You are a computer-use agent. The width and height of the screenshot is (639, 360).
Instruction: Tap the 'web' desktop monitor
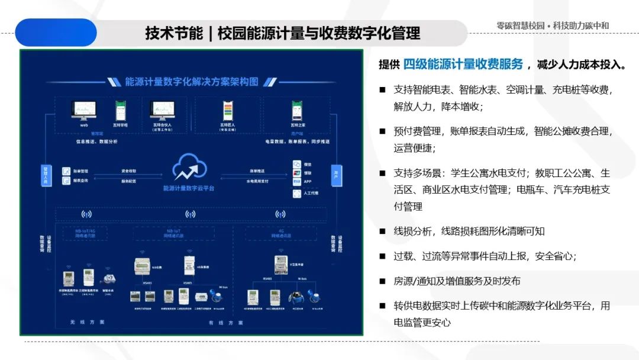pos(83,111)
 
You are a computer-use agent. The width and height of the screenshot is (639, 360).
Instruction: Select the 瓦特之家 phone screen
pos(298,111)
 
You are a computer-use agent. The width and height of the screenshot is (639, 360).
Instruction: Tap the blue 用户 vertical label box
pos(336,175)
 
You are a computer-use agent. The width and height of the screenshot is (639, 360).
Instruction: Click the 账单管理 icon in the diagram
pos(66,171)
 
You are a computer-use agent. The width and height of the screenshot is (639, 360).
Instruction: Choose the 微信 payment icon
pos(297,164)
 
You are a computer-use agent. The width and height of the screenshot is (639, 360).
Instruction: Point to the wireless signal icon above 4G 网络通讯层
pos(280,214)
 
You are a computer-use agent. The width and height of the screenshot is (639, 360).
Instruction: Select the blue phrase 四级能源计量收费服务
pos(463,64)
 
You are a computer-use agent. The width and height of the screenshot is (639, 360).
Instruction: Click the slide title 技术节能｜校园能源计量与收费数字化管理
pos(283,33)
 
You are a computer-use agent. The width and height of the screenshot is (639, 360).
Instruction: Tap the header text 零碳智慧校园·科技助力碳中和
pos(553,26)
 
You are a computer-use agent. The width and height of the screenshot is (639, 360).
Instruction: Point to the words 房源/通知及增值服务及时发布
pos(457,281)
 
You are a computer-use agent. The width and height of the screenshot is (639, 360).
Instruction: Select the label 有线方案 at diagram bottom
pos(225,323)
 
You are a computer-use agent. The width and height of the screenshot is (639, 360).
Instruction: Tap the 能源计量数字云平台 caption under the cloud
pos(189,188)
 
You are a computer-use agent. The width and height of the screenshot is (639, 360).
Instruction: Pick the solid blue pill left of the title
pos(56,33)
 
